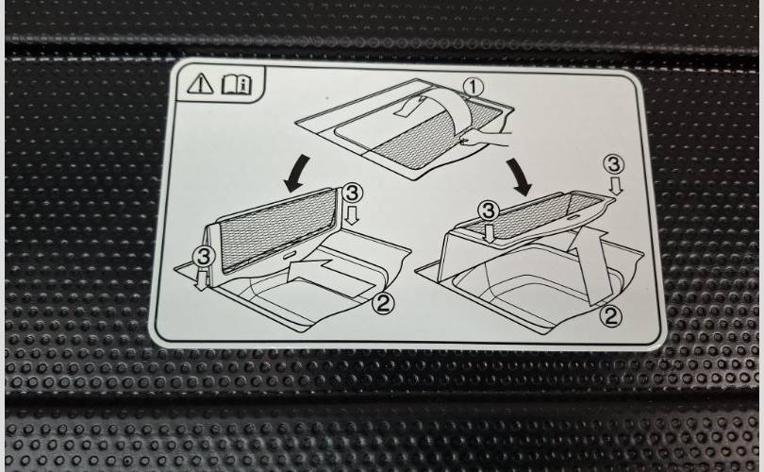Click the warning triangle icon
(200, 83)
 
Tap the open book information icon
(237, 84)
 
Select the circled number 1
(473, 88)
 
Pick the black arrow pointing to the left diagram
(296, 174)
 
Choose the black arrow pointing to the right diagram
(519, 177)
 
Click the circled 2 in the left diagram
(383, 304)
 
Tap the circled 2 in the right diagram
(610, 316)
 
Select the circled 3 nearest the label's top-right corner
(614, 164)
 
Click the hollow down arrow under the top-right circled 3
(617, 186)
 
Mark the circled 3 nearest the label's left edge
(204, 257)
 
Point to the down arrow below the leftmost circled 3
(199, 279)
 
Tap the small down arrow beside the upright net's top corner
(352, 215)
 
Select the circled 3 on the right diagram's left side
(489, 211)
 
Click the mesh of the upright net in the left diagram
(277, 230)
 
